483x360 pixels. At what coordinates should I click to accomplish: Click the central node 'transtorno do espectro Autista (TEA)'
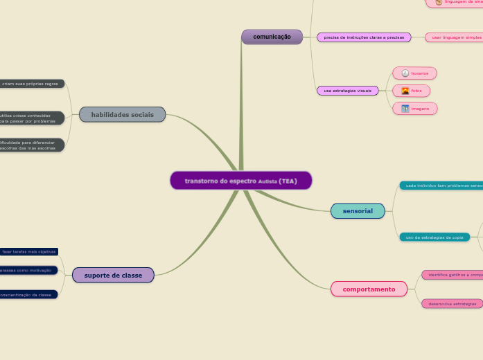click(241, 181)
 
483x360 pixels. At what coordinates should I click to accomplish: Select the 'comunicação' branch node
click(272, 37)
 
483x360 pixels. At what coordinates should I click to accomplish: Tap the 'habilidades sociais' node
click(123, 114)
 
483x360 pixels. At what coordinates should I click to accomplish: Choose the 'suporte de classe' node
click(113, 275)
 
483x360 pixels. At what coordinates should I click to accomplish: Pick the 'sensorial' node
click(358, 210)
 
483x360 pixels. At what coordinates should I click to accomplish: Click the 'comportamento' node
click(369, 289)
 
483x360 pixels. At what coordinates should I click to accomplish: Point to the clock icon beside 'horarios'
click(405, 73)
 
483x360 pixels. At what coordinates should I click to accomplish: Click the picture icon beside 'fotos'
click(405, 91)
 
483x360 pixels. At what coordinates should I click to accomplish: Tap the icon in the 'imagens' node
click(405, 109)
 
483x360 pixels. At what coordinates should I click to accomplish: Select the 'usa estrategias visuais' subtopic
click(348, 91)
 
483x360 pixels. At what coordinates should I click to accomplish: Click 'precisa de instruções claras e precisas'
click(364, 37)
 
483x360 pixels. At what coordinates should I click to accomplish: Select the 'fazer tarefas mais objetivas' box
click(28, 251)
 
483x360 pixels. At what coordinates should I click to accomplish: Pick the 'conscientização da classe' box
click(27, 294)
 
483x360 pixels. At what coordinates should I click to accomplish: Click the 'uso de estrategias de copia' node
click(434, 237)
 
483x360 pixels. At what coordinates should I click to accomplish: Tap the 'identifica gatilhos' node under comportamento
click(454, 275)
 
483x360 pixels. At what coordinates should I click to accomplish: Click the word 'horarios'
click(420, 73)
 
